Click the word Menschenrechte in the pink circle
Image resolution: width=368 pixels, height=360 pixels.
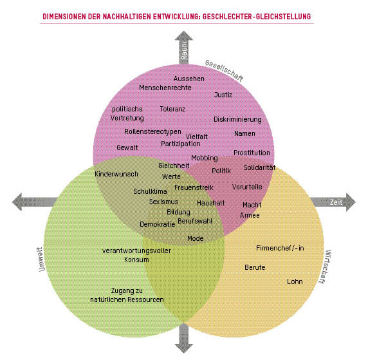pos(165,88)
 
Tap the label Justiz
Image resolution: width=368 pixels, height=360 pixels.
pos(223,95)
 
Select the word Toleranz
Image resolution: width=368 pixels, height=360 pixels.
pos(172,109)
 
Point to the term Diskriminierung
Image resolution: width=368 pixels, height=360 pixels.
pos(237,119)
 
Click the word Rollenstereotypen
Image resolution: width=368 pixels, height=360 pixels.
pos(152,131)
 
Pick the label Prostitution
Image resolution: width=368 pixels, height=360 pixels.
pos(252,153)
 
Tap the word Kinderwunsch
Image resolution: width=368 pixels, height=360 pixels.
pos(116,174)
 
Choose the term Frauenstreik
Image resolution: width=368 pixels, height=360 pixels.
pos(194,187)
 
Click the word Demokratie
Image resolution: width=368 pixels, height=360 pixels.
pos(158,224)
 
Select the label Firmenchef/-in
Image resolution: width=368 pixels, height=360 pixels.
pos(280,248)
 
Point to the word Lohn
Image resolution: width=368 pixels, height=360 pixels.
pos(295,281)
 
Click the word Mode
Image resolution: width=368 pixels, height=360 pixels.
pos(196,238)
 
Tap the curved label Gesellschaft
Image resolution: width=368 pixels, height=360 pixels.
pos(224,70)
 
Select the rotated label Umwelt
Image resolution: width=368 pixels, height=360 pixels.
pos(41,260)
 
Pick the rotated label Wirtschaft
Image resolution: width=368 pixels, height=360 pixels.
pos(326,267)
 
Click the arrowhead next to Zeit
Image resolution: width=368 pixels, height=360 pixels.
pos(350,202)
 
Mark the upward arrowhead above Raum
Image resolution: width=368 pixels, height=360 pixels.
pos(184,35)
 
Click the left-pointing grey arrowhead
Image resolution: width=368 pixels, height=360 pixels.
pos(17,202)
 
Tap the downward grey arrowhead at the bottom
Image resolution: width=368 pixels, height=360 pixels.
pos(184,348)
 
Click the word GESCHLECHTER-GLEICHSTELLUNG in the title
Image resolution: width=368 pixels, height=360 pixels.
pos(257,17)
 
